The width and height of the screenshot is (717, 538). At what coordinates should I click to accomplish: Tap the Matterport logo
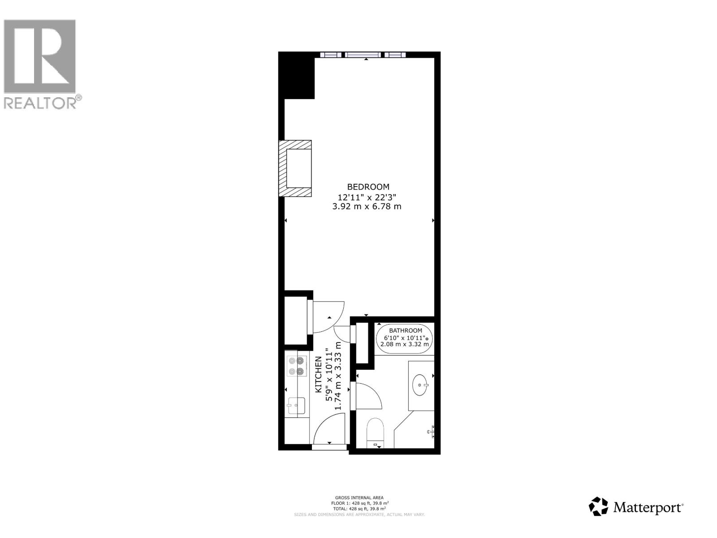tap(636, 508)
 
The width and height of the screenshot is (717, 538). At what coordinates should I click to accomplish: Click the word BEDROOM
tap(368, 187)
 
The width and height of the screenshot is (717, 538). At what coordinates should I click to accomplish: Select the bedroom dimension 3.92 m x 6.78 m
tap(369, 207)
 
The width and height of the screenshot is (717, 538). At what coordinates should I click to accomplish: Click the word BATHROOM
tap(405, 330)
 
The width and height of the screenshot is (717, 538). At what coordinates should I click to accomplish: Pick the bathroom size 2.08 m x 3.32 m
tap(405, 344)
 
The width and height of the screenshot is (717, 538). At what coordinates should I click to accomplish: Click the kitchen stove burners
tap(297, 366)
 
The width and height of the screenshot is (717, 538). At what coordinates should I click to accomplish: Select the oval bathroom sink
tap(421, 385)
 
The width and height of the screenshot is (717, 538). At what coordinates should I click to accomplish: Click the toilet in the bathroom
tap(376, 433)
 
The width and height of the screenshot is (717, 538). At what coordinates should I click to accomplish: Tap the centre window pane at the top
tap(363, 55)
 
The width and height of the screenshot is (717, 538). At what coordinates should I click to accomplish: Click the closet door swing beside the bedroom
tap(327, 317)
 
